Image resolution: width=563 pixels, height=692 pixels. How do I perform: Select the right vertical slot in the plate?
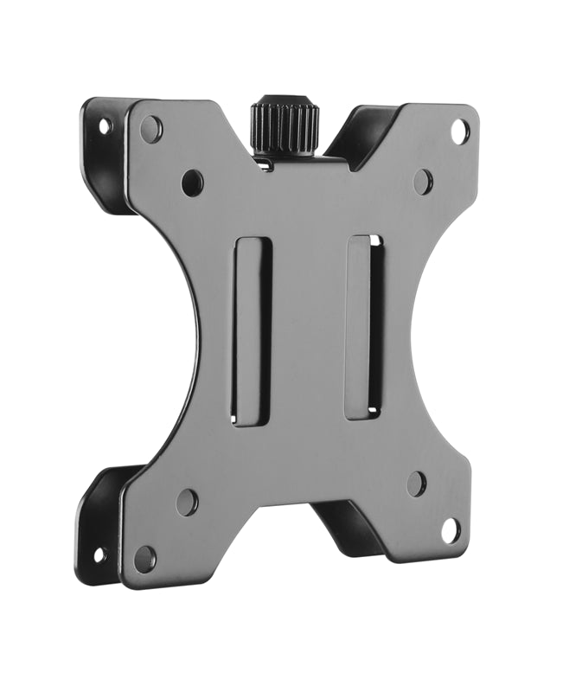point(364,327)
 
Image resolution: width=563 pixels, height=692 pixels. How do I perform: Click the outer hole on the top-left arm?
point(151,130)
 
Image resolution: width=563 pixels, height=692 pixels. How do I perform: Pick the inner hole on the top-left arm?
point(192,183)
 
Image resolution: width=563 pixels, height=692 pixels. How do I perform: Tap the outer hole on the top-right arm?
point(460,131)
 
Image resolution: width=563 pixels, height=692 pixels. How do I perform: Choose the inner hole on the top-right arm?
point(422,182)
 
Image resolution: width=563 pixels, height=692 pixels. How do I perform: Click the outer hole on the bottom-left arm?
point(145,558)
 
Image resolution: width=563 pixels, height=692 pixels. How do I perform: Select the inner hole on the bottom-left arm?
point(187,503)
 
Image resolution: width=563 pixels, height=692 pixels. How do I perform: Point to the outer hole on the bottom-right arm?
point(450,530)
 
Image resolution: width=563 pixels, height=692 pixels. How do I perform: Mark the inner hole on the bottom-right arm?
point(416,484)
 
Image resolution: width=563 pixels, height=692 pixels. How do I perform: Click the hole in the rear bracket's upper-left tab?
point(105,126)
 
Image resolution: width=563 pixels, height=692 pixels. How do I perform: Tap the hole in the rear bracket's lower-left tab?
point(99,554)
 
